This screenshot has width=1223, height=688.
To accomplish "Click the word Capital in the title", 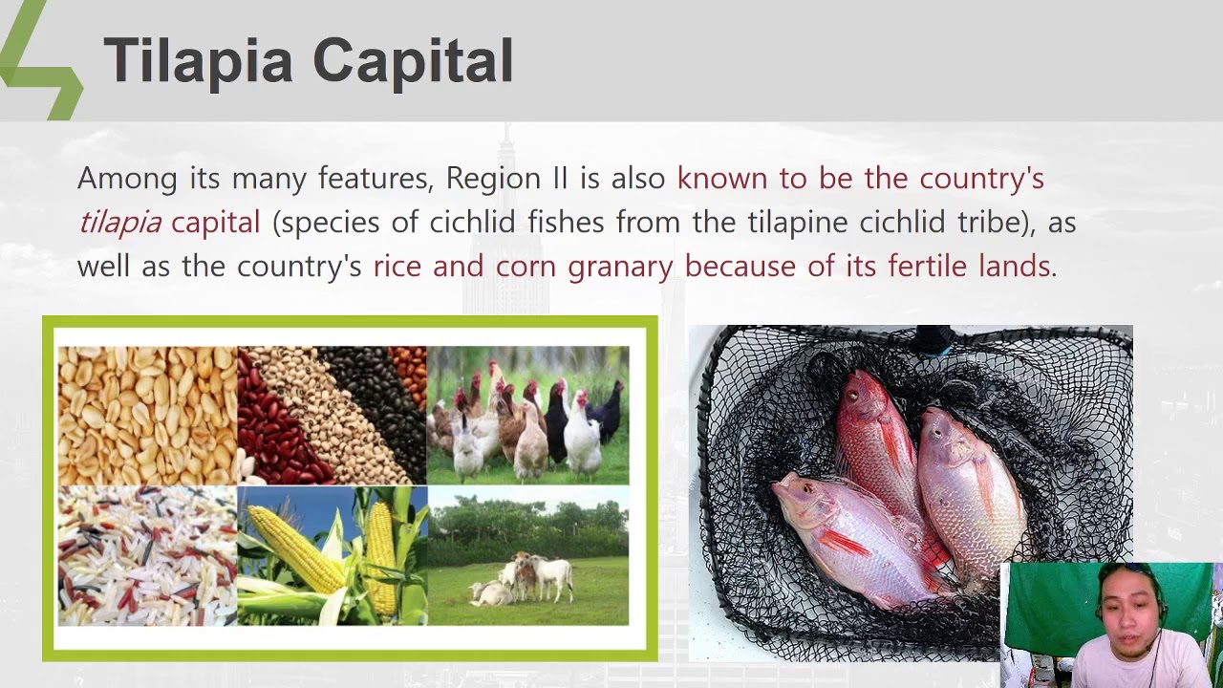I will click(413, 62).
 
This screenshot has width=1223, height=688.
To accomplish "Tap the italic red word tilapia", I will click(119, 223).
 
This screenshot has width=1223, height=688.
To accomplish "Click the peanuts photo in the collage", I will click(145, 413).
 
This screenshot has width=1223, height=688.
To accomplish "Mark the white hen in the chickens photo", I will click(581, 435).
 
